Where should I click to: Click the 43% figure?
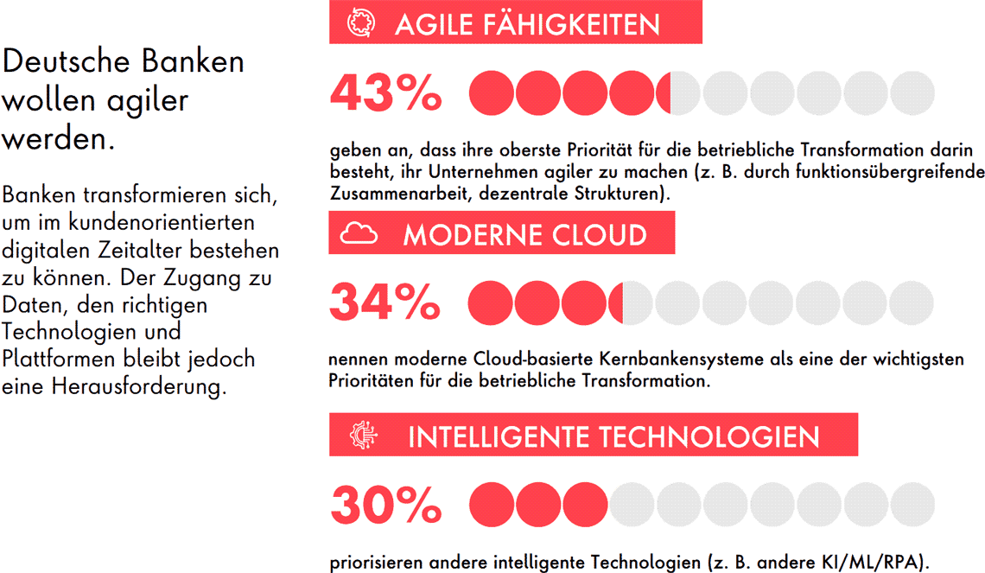pyautogui.click(x=385, y=93)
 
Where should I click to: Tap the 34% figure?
pyautogui.click(x=385, y=302)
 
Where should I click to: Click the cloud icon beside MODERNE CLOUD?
pyautogui.click(x=359, y=234)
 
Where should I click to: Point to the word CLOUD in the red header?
pyautogui.click(x=598, y=235)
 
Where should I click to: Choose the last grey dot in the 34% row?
pyautogui.click(x=912, y=302)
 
